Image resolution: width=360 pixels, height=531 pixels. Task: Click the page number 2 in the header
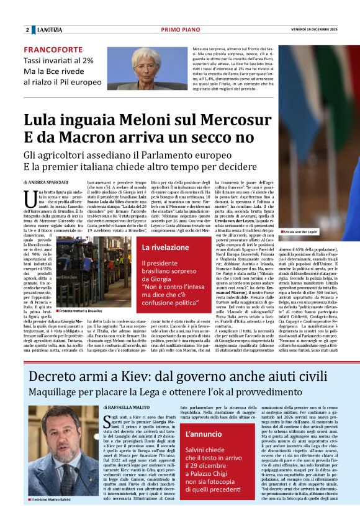click(27, 30)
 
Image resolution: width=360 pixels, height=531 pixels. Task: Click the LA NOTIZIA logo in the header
click(49, 30)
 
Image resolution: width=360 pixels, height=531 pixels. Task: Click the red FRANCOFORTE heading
click(52, 50)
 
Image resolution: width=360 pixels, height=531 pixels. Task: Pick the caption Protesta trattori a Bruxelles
click(82, 311)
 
